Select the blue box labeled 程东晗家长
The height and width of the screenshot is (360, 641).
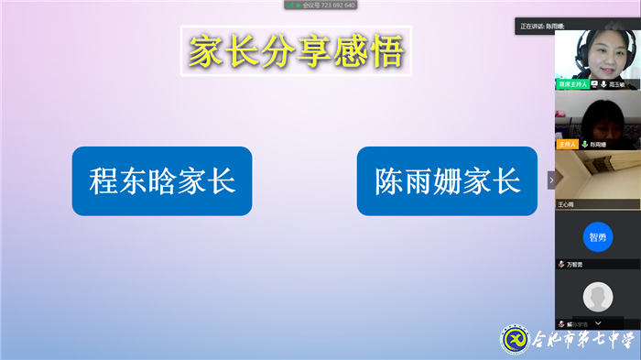[x=162, y=180]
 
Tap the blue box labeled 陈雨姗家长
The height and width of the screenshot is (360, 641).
[x=447, y=180]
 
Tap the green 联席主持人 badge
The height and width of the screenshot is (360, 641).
[x=572, y=84]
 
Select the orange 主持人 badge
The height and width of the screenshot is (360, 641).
[x=568, y=144]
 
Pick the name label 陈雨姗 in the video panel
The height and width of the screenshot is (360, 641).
[x=599, y=144]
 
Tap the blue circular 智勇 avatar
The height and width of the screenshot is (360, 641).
[x=597, y=236]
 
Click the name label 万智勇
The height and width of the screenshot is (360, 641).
[x=574, y=265]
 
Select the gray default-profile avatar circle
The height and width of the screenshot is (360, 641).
[x=597, y=296]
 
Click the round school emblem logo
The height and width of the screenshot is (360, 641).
[x=514, y=339]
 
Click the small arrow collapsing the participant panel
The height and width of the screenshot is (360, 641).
[x=551, y=180]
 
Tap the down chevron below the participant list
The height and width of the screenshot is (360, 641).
[x=598, y=323]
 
